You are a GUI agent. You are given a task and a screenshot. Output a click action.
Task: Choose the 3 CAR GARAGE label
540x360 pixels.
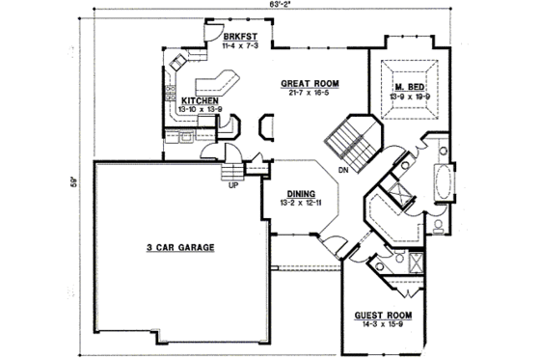[x=180, y=248]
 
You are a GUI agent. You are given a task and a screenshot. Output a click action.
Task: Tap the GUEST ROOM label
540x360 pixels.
[x=384, y=316]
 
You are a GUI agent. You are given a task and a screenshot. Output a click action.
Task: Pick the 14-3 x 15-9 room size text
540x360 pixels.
[x=384, y=325]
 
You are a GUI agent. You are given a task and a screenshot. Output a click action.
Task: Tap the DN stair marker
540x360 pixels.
[x=343, y=172]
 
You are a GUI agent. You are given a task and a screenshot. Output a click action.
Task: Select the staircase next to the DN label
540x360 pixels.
[x=349, y=138]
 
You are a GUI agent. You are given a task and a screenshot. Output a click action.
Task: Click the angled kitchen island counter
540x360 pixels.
[x=214, y=81]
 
